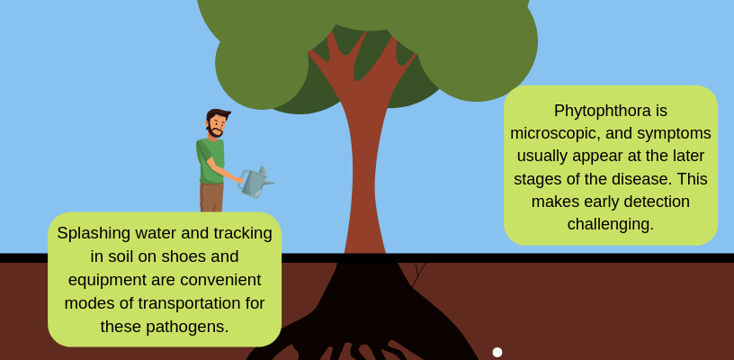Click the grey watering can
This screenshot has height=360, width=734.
[x=255, y=183]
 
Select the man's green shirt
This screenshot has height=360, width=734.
[x=210, y=160]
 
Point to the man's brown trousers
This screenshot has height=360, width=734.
[x=211, y=197]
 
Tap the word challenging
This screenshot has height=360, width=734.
[x=610, y=224]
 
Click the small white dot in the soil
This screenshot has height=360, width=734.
[x=497, y=352]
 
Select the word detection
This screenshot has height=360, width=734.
[x=660, y=202]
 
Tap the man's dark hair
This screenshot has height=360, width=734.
[x=217, y=114]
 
